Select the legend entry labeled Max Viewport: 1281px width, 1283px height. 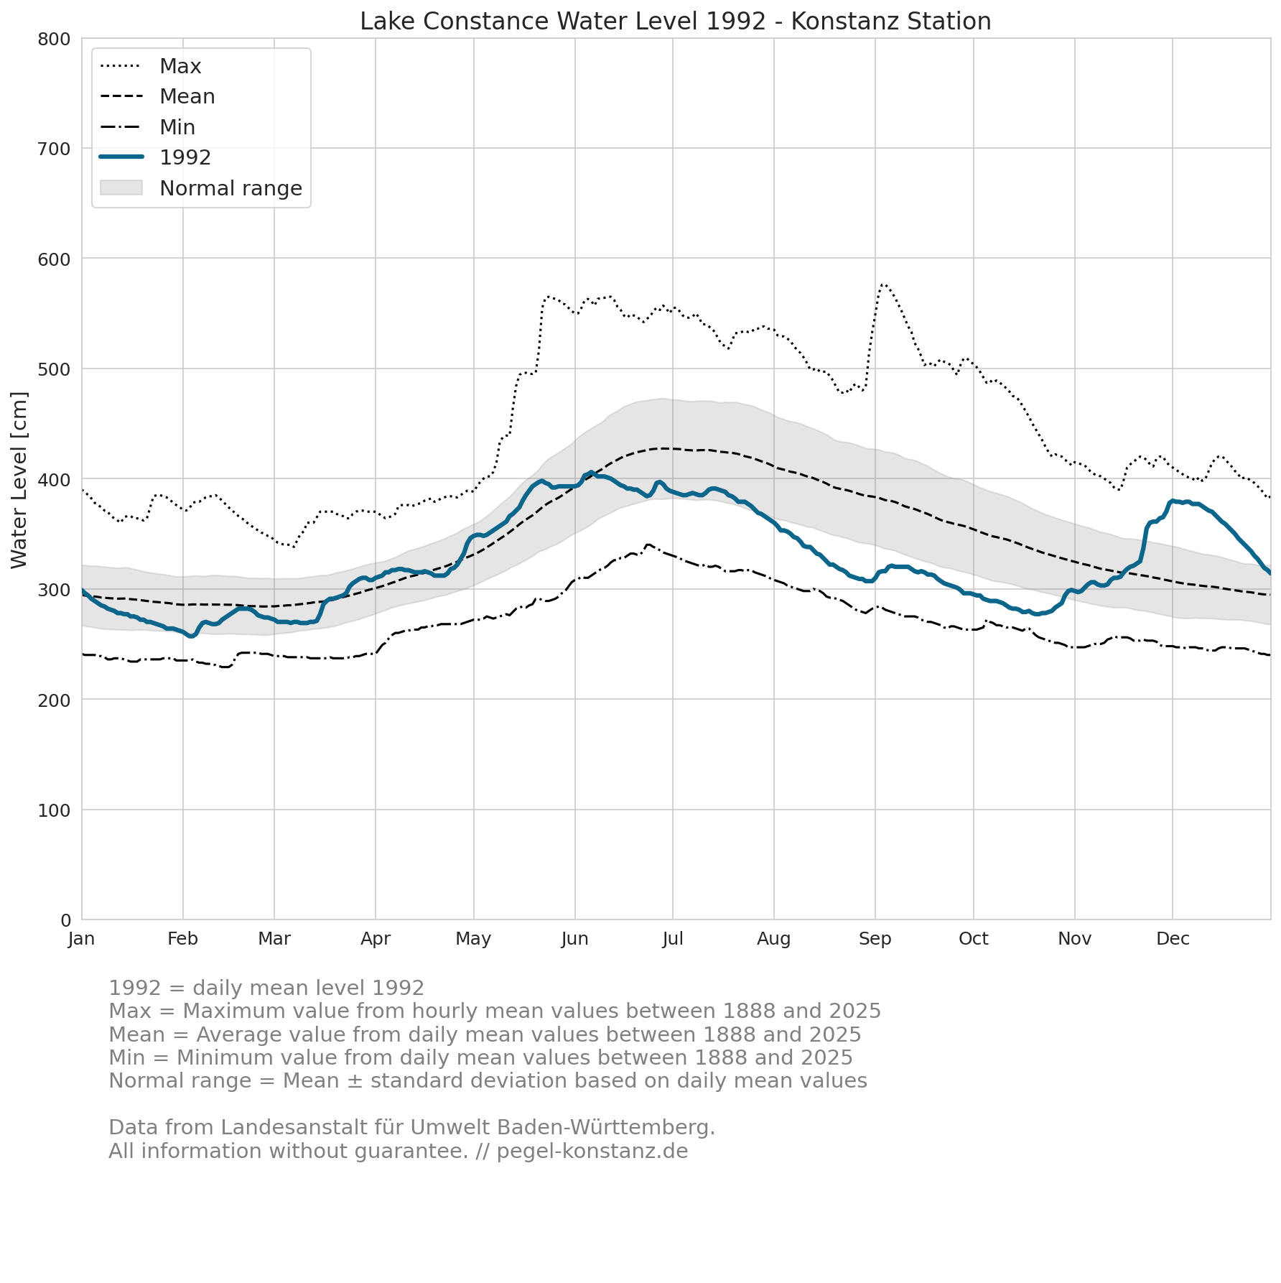pos(151,66)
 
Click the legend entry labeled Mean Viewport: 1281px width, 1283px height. pos(157,96)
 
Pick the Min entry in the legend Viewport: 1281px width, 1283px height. pos(147,127)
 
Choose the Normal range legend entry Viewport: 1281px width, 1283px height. pos(201,188)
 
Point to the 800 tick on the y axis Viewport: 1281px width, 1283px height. pos(54,39)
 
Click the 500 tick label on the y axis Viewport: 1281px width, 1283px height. pos(54,369)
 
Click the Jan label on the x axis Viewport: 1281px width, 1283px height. pos(82,939)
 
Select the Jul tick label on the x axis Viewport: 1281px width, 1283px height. pos(673,939)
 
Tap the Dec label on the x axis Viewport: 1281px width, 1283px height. pos(1173,939)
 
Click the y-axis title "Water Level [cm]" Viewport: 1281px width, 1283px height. pos(19,480)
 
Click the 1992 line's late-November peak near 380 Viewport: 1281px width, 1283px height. pos(1173,501)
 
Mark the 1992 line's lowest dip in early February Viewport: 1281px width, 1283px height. pos(191,636)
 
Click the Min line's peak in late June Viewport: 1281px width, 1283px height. pos(648,545)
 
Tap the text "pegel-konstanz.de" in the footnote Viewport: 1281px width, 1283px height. pos(592,1152)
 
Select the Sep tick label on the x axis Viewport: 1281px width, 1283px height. pos(875,939)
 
